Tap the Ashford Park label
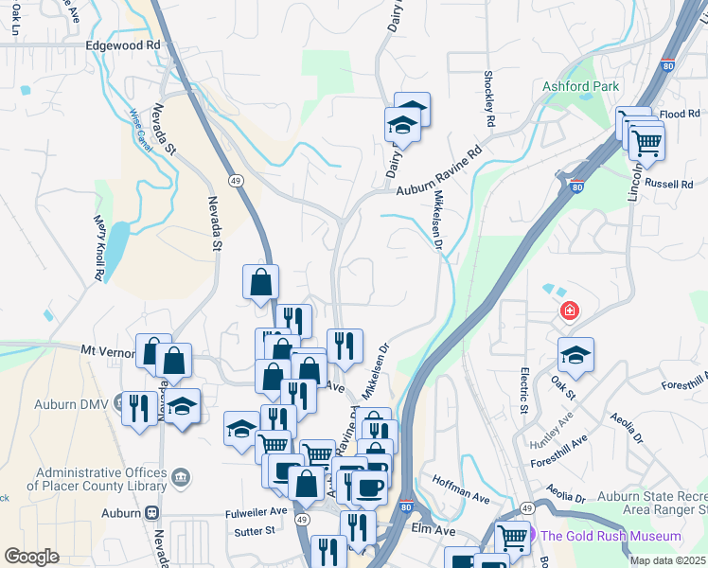point(580,86)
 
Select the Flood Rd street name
point(680,114)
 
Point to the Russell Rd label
point(673,185)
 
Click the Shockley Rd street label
point(489,99)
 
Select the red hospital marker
point(570,310)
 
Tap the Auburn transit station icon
point(152,512)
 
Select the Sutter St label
point(257,531)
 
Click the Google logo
point(31,557)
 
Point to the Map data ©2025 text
point(668,561)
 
